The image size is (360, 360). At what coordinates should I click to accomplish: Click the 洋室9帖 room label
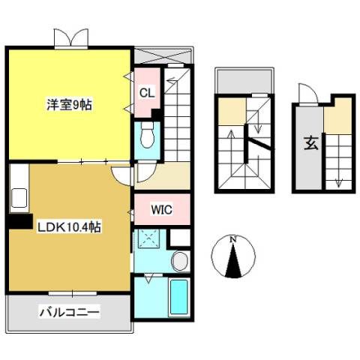click(x=70, y=105)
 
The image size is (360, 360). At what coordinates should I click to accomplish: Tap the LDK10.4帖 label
click(x=69, y=227)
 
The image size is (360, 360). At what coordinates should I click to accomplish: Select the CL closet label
click(x=147, y=93)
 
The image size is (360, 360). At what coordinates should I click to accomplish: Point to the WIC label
click(x=162, y=210)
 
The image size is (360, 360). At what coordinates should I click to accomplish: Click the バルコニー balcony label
click(x=70, y=312)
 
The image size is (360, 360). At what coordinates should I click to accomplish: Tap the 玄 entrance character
click(x=311, y=143)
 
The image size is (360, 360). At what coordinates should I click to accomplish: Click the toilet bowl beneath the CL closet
click(x=147, y=136)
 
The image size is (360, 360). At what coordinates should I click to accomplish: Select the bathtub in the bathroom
click(x=178, y=297)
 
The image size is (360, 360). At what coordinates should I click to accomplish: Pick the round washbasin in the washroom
click(x=181, y=261)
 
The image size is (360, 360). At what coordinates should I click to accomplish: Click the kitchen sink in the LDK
click(x=19, y=198)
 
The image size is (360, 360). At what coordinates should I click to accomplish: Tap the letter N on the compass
click(x=233, y=239)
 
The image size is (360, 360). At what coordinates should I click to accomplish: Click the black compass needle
click(x=233, y=261)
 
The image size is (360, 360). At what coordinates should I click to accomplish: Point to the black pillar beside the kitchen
click(x=20, y=221)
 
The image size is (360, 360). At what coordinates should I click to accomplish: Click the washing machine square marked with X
click(x=148, y=238)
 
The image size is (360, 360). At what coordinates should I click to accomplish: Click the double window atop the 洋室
click(x=71, y=38)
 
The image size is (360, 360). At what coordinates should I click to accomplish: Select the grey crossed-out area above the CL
click(x=163, y=56)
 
